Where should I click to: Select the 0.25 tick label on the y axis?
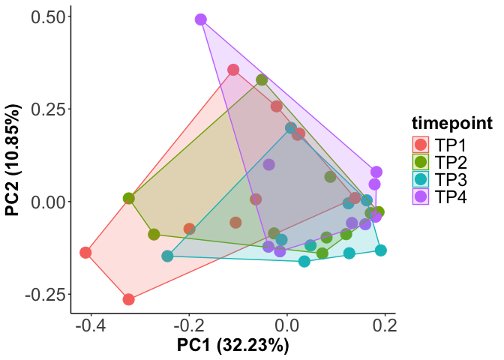[x=44, y=109]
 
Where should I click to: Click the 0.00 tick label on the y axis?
[x=44, y=201]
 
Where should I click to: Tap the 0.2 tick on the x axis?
[x=385, y=326]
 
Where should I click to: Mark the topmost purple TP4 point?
[x=200, y=19]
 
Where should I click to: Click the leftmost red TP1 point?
[x=85, y=253]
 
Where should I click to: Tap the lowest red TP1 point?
[x=128, y=299]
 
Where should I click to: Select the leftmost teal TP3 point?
[x=167, y=256]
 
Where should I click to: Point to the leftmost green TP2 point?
[x=129, y=199]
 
